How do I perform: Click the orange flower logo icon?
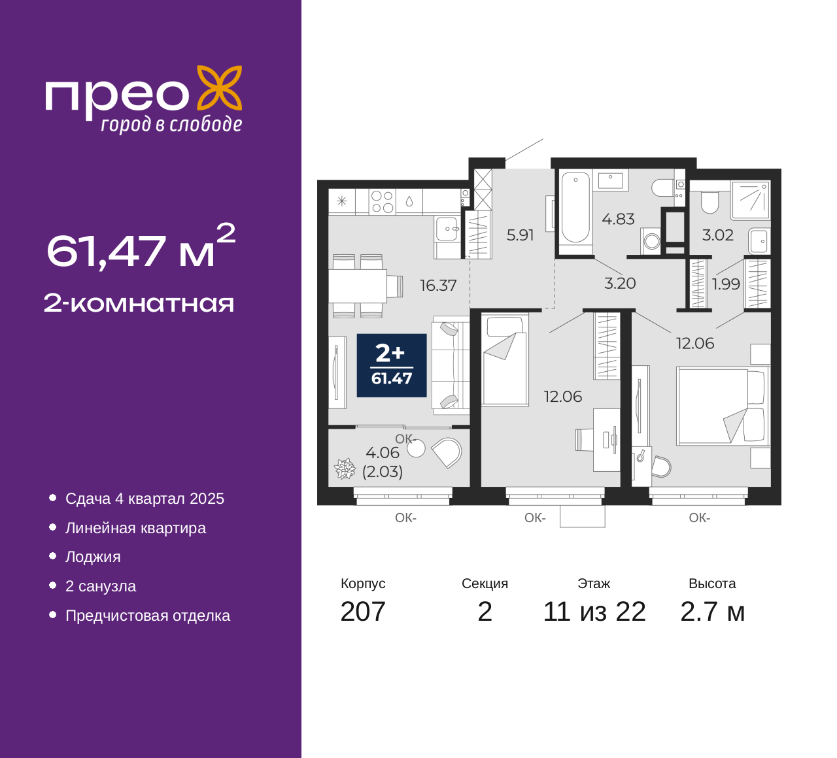(220, 88)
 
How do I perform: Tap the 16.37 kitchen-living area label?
(438, 286)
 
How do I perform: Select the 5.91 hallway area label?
(520, 235)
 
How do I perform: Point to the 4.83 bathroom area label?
(618, 219)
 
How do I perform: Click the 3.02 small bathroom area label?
(718, 235)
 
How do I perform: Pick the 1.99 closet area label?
(726, 284)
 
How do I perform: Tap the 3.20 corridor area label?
(620, 284)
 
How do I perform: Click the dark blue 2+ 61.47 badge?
(392, 365)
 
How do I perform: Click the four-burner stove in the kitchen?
(382, 202)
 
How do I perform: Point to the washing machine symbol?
(651, 241)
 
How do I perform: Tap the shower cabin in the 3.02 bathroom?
(750, 200)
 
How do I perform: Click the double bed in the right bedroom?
(723, 406)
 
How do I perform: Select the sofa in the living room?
(451, 365)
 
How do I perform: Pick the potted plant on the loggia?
(345, 469)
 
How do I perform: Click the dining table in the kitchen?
(358, 286)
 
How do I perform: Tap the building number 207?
(362, 612)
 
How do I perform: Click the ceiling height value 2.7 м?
(712, 612)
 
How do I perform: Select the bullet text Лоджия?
(93, 557)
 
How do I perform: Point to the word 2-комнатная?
(139, 303)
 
